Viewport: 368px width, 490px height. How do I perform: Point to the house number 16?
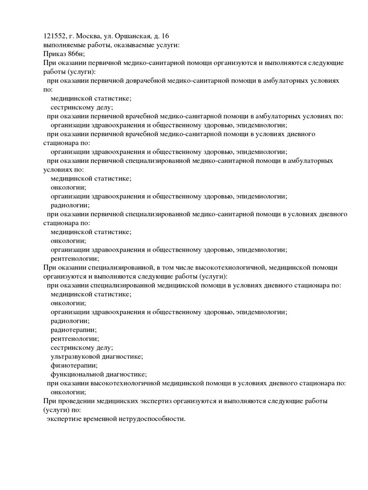tap(165, 36)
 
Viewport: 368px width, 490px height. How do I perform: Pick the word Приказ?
tap(54, 54)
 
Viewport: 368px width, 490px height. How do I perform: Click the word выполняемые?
tap(65, 45)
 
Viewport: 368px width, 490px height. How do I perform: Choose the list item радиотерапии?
tap(73, 330)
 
